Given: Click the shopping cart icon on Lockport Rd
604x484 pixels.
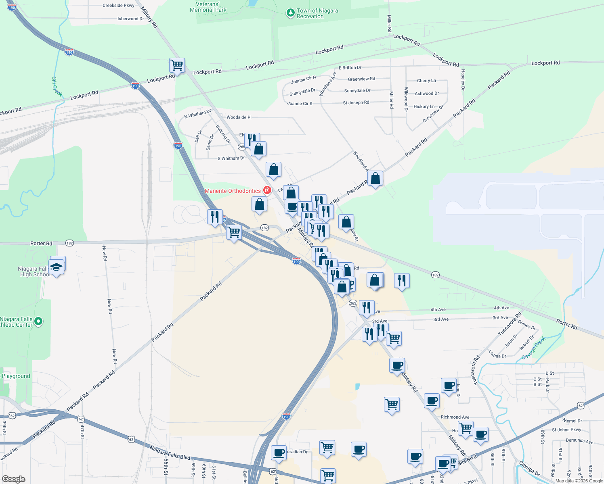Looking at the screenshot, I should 177,65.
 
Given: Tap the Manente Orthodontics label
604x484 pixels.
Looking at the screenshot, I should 233,191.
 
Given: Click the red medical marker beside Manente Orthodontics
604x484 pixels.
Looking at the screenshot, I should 267,190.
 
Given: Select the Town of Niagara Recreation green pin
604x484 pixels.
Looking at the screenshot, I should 290,13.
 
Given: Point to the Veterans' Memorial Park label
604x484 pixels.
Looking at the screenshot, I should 208,7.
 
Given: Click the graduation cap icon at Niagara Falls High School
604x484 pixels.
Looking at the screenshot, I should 57,267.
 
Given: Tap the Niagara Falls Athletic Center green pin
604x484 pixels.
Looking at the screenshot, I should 38,321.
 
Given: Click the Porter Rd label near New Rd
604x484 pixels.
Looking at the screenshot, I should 41,244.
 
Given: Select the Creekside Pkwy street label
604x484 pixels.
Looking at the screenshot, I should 118,6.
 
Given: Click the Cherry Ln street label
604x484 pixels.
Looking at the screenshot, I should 426,81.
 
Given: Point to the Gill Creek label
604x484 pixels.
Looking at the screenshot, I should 57,86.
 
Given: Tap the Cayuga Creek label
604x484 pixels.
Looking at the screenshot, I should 533,348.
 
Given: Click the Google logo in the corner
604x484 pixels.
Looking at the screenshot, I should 14,479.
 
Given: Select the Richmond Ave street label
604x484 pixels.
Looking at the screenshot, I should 455,417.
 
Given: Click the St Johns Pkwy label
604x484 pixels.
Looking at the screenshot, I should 566,430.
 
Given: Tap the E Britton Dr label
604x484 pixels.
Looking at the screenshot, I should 350,68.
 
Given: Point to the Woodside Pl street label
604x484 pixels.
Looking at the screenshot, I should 239,117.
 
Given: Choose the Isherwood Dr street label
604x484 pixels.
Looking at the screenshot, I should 130,19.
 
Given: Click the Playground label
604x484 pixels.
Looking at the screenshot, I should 16,376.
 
